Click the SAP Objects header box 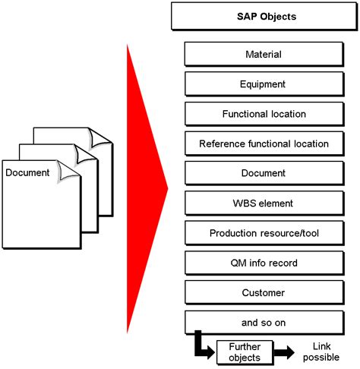coord(264,16)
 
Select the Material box coord(264,55)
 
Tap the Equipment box coord(264,84)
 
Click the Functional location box coord(264,114)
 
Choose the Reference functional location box coord(264,143)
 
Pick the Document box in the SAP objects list coord(264,173)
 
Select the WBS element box coord(264,203)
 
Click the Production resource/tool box coord(264,233)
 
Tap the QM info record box coord(264,263)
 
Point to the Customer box coord(264,292)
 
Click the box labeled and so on coord(264,322)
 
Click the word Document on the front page coord(27,173)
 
